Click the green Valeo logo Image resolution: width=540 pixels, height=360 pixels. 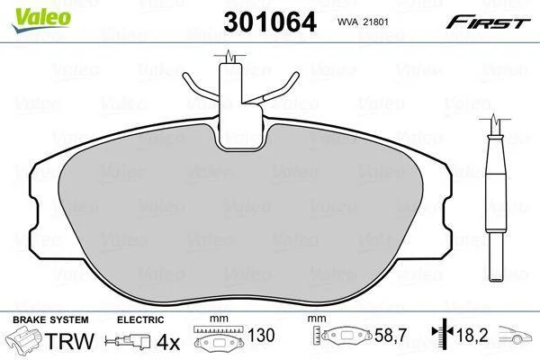pyautogui.click(x=41, y=19)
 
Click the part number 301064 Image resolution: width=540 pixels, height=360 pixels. pyautogui.click(x=270, y=22)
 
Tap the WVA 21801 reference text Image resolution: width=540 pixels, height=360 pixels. pyautogui.click(x=363, y=22)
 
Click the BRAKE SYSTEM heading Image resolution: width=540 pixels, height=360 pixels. pyautogui.click(x=50, y=319)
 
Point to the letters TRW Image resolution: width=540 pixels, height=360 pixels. pyautogui.click(x=69, y=341)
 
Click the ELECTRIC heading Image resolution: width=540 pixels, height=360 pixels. pyautogui.click(x=140, y=319)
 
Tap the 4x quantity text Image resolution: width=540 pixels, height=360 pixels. pyautogui.click(x=168, y=342)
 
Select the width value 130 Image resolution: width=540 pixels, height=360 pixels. pyautogui.click(x=261, y=335)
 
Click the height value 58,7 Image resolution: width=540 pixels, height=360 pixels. pyautogui.click(x=391, y=335)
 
